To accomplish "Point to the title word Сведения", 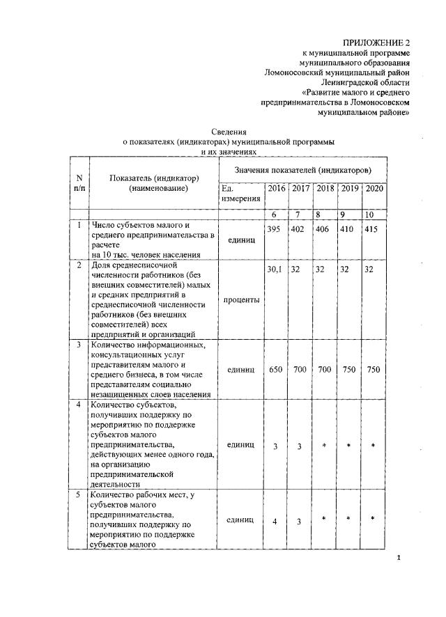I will (229, 131).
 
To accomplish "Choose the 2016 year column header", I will (276, 189).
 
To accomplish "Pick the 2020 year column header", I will (374, 189).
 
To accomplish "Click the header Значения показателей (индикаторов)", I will (302, 170).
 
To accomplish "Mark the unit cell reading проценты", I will (239, 300).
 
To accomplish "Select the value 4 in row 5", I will (275, 522).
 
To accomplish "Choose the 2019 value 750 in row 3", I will (348, 369).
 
